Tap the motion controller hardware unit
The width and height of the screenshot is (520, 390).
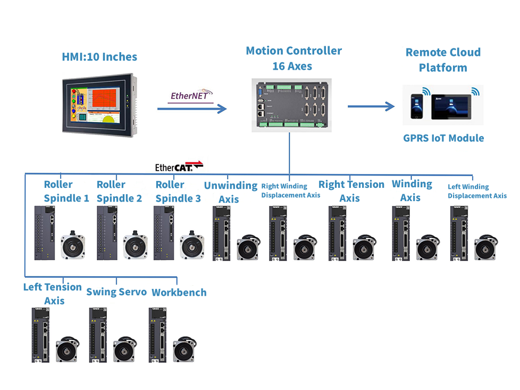[x=291, y=104]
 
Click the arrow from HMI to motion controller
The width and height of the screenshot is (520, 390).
[x=191, y=109]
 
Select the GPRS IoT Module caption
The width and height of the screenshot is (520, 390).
[x=443, y=138]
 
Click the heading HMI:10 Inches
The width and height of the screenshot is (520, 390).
[x=99, y=57]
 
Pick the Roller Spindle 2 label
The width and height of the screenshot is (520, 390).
[x=119, y=192]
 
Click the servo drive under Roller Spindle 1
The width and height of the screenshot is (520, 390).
[x=45, y=233]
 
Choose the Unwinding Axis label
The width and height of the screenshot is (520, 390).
[x=231, y=192]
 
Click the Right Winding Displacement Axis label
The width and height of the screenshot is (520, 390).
[x=291, y=190]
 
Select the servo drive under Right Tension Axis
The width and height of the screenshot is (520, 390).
[x=338, y=233]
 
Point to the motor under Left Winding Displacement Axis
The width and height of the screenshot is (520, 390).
[x=486, y=248]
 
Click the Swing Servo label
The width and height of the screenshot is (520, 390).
[x=116, y=292]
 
